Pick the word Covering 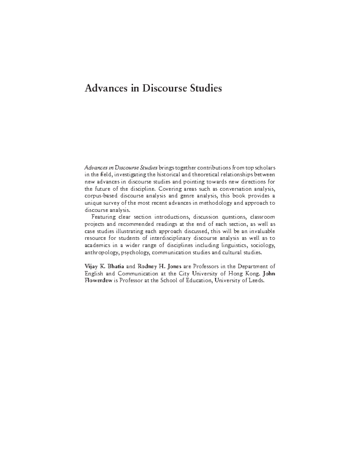click(170, 189)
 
